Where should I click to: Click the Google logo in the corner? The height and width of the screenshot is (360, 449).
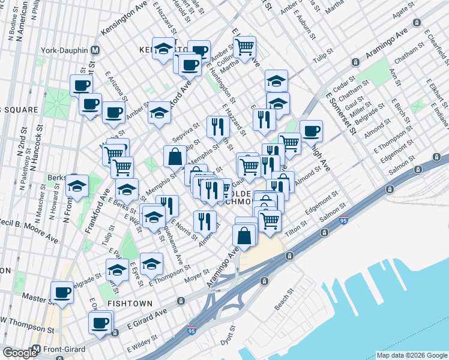tap(19, 352)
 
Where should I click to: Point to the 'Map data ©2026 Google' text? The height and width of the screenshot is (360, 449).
tap(411, 355)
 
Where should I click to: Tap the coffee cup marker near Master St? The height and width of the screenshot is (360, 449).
tap(62, 293)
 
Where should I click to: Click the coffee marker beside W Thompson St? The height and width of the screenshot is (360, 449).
tap(100, 323)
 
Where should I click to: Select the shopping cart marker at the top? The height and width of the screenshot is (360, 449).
tap(244, 47)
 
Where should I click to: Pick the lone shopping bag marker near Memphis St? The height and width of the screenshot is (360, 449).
tap(174, 157)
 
